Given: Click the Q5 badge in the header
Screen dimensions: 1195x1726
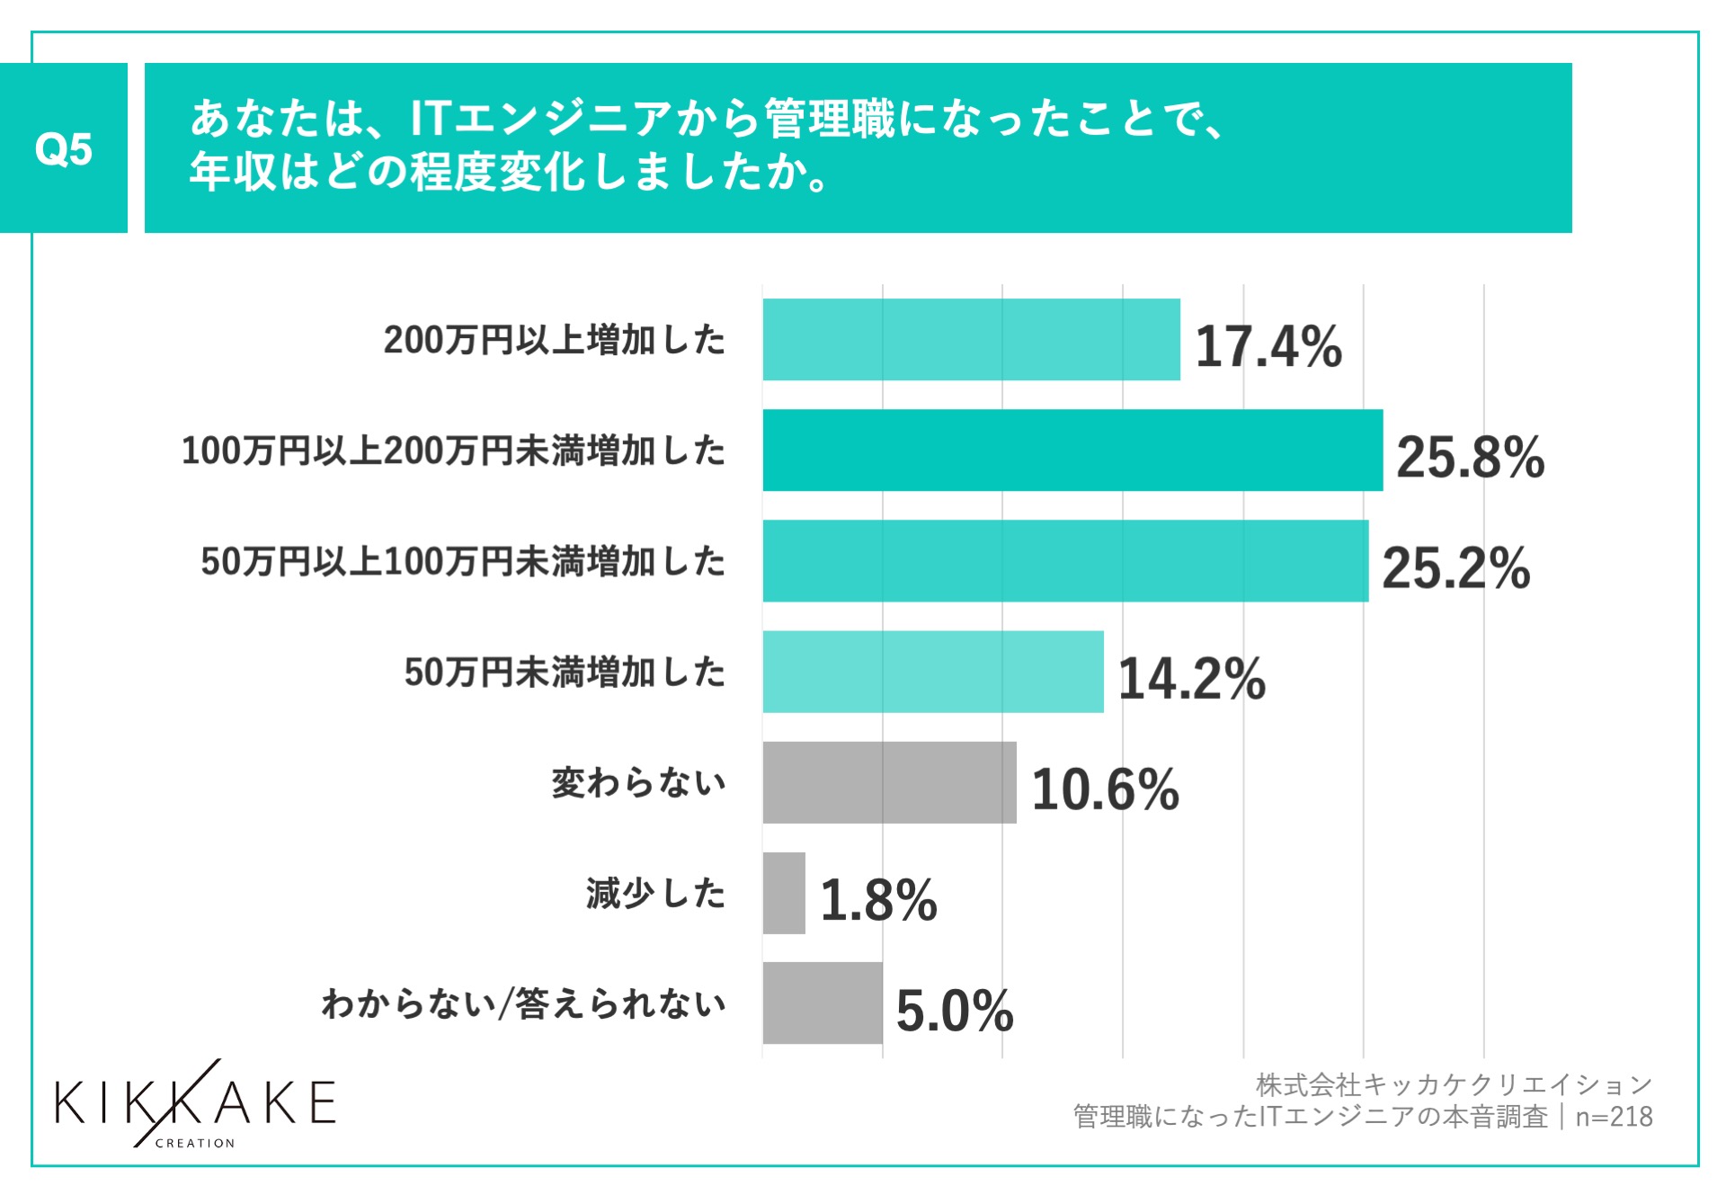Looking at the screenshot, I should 63,148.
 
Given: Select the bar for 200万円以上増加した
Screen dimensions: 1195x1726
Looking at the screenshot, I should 971,340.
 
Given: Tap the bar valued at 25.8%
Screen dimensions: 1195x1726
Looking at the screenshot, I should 1072,450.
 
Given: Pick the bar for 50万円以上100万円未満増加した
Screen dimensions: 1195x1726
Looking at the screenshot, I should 1065,561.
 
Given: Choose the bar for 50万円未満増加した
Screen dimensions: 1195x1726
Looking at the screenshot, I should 933,672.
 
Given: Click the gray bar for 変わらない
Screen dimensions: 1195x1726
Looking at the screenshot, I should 889,782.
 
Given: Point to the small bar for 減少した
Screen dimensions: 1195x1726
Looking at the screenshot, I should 784,893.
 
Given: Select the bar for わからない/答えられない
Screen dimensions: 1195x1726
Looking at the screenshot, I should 823,1003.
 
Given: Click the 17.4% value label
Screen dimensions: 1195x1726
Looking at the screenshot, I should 1268,346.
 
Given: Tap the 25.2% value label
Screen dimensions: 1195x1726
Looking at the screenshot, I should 1455,568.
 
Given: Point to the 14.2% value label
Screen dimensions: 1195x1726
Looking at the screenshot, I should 1191,679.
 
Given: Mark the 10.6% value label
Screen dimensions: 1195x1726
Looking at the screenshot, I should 1105,789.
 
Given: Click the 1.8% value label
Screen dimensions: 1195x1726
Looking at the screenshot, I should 878,900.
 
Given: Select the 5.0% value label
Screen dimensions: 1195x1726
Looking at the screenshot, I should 955,1011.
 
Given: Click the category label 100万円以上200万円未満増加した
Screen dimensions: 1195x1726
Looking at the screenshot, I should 453,450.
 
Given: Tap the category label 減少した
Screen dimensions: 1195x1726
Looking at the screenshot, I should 655,894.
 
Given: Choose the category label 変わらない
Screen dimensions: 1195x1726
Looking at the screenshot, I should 638,783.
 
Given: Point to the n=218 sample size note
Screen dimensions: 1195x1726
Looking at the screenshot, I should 1614,1117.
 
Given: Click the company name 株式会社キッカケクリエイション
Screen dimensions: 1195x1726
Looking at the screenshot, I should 1454,1085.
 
